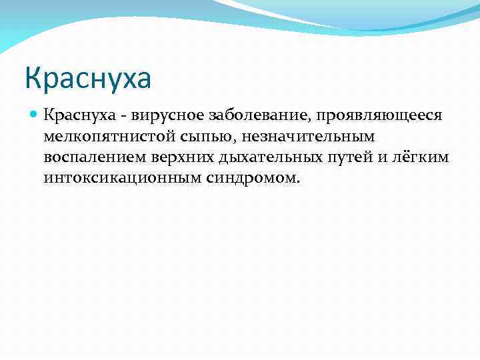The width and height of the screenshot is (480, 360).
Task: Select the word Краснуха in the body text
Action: [x=72, y=115]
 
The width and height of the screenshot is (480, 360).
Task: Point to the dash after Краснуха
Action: [x=106, y=116]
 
